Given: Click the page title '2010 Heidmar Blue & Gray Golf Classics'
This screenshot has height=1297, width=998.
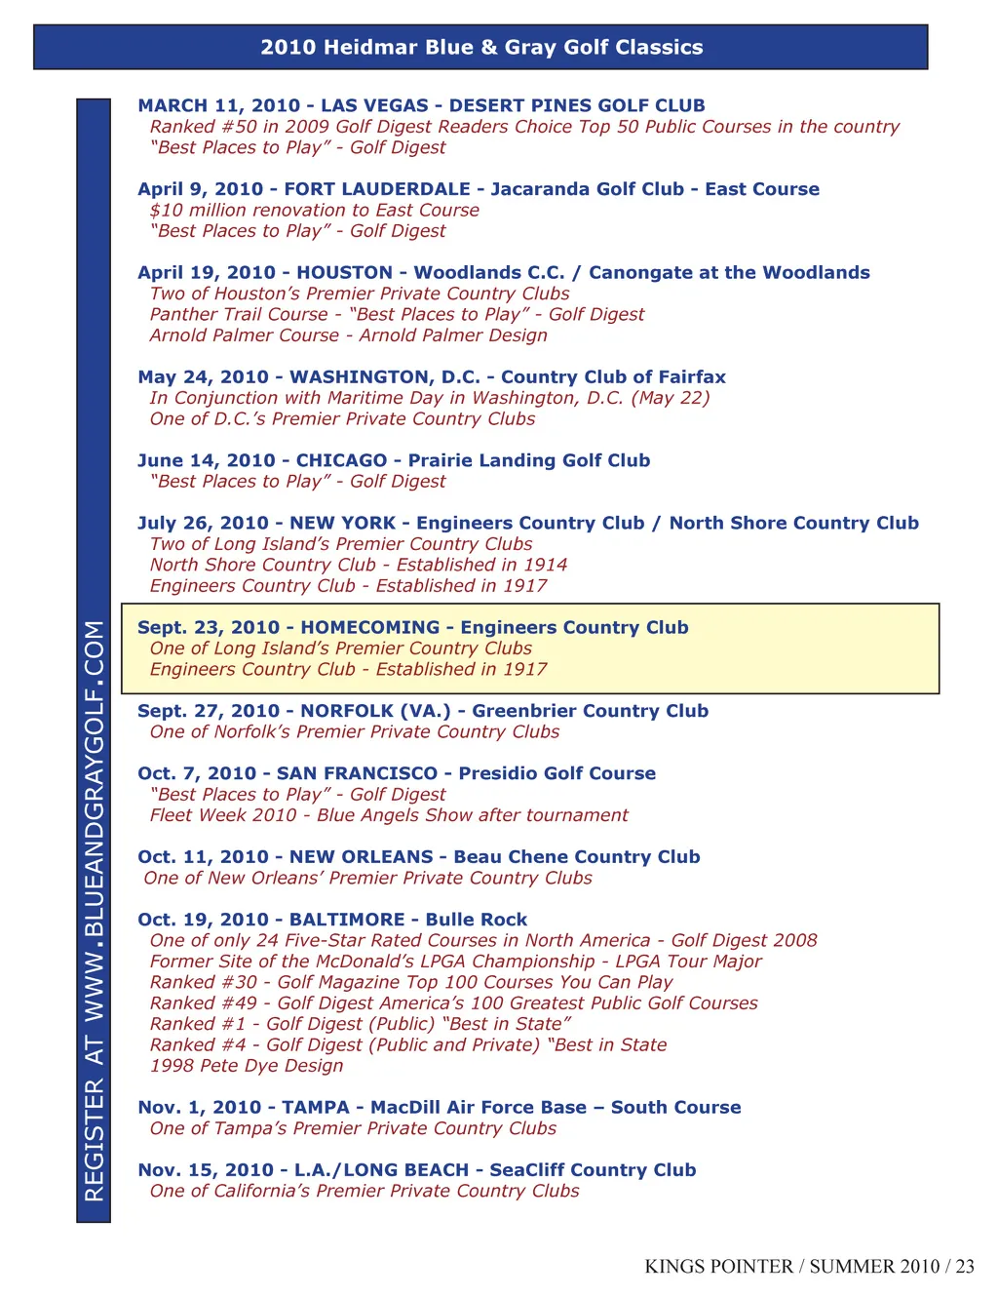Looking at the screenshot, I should tap(481, 47).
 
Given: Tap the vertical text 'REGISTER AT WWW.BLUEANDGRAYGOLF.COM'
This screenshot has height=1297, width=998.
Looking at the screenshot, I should tap(95, 910).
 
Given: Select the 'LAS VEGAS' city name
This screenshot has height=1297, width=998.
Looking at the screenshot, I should tap(374, 105).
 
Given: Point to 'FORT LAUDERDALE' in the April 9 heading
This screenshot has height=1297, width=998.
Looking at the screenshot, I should tap(377, 189).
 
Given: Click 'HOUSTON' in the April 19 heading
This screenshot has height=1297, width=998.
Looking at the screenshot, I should tap(344, 273).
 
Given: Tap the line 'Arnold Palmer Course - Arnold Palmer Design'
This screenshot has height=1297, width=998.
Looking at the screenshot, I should tap(348, 335).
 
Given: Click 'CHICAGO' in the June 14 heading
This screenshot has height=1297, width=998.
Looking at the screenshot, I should tap(341, 460).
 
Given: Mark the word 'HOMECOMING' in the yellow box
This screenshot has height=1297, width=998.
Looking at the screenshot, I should tap(369, 628).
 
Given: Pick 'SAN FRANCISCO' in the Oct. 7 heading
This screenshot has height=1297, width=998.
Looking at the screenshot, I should tap(357, 773).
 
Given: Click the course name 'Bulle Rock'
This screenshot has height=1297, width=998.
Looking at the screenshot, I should tap(477, 920).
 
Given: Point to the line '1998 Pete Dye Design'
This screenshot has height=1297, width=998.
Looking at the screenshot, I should tap(247, 1066).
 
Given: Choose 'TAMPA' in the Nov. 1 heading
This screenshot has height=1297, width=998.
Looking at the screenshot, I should tap(316, 1108).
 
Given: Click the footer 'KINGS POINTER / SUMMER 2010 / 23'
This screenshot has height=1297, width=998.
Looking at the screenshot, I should tap(809, 1267).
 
